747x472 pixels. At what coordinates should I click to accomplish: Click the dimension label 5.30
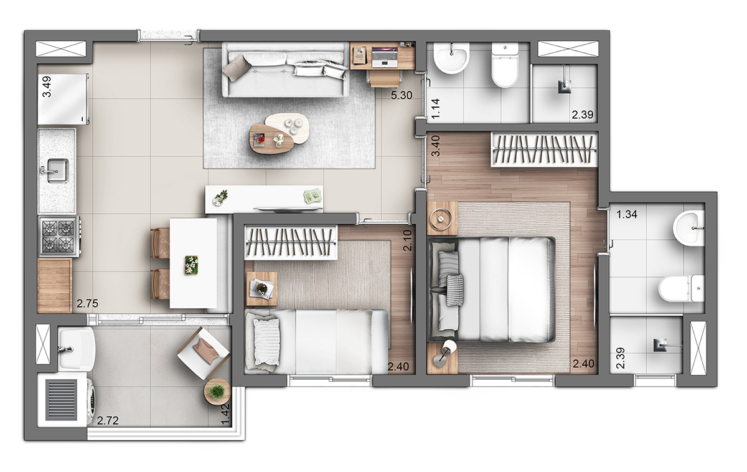tap(402, 95)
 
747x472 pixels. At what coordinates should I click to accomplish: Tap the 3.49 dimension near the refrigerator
tap(47, 87)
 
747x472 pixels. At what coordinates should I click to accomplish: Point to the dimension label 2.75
tap(87, 303)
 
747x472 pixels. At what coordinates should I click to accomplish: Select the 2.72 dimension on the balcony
tap(108, 421)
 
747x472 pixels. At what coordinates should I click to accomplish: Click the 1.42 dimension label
tap(226, 415)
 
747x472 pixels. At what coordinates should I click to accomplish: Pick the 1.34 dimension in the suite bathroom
tap(627, 214)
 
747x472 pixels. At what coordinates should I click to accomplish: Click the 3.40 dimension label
tap(436, 146)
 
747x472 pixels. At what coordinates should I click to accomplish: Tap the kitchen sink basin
tap(57, 171)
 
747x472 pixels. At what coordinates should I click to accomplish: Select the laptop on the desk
tap(385, 57)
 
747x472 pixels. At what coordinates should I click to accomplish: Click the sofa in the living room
tap(286, 70)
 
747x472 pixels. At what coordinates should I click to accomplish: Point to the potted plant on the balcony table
tap(217, 391)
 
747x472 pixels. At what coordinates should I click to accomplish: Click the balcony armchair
tap(204, 354)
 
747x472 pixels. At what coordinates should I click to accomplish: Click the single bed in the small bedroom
tap(316, 342)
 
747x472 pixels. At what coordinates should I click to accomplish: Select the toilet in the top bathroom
tap(505, 65)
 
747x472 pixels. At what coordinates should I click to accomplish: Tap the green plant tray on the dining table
tap(191, 265)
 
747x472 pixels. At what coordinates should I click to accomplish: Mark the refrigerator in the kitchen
tap(63, 99)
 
